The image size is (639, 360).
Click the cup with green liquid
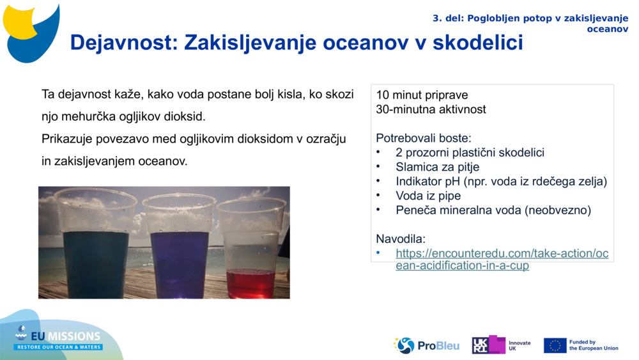(x=96, y=246)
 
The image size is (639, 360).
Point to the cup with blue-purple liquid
(x=179, y=246)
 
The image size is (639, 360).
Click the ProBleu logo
(x=426, y=345)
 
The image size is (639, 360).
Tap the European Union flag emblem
(x=555, y=345)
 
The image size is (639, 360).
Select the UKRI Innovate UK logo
(x=501, y=345)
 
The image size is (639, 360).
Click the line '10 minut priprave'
(x=422, y=95)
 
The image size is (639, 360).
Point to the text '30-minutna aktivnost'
(x=431, y=109)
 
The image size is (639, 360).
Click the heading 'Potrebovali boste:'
(x=424, y=138)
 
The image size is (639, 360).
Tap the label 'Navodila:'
(x=401, y=239)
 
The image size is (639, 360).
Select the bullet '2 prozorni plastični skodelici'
(x=470, y=153)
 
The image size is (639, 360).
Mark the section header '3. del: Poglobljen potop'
(x=530, y=18)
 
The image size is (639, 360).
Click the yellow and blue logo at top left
(x=32, y=31)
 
